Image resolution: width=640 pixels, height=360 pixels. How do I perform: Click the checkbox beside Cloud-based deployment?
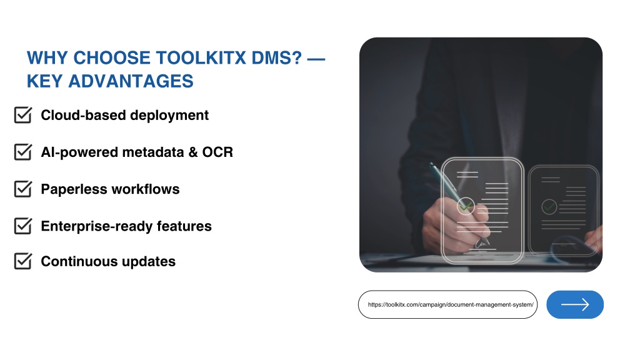tap(23, 115)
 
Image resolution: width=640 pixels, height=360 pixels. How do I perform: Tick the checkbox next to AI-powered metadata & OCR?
tap(23, 152)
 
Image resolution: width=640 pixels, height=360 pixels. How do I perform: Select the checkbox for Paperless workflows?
tap(23, 189)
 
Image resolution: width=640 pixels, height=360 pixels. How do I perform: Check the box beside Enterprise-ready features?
tap(23, 226)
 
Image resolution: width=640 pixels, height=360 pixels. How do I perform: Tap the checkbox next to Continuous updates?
tap(23, 261)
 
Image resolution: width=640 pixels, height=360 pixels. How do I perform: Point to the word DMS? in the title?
tap(277, 58)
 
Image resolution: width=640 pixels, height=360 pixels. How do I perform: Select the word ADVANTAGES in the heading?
tap(131, 81)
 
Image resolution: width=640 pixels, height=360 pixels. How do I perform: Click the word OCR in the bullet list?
tap(217, 152)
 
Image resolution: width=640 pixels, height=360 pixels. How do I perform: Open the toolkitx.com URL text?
tap(451, 304)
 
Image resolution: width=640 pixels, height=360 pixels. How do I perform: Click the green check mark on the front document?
tap(466, 206)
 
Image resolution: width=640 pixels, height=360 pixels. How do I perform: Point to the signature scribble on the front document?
tap(482, 244)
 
